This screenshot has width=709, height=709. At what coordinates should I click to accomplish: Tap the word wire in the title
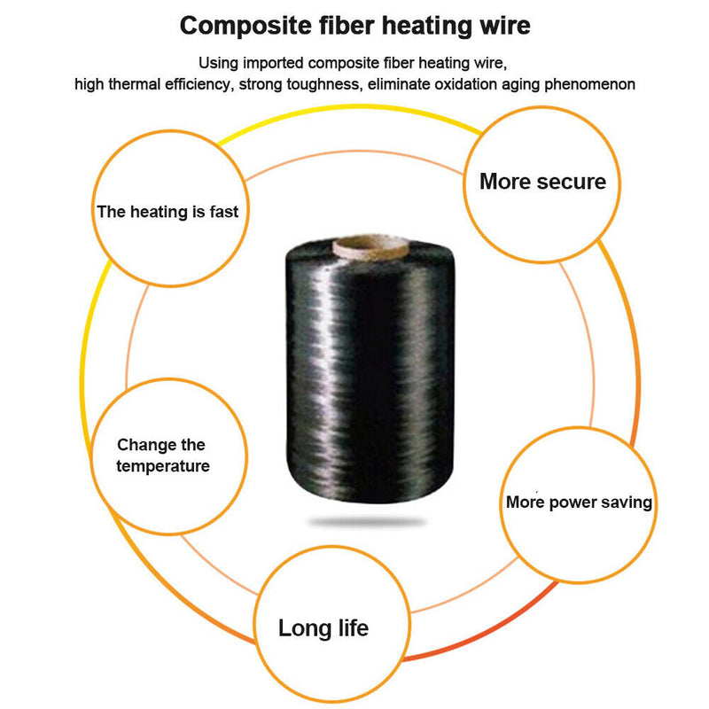coord(503,25)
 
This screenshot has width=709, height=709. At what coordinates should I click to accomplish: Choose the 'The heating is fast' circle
coord(168,211)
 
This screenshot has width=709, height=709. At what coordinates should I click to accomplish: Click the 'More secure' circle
coord(542,183)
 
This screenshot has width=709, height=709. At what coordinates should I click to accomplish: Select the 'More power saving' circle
coord(578,503)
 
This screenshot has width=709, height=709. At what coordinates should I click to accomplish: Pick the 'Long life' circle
coord(323,628)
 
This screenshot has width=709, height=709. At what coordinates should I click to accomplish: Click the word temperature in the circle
coord(163,466)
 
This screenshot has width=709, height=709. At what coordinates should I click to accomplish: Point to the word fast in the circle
coord(222,212)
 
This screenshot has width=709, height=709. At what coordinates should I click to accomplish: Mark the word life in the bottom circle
coord(347,628)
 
